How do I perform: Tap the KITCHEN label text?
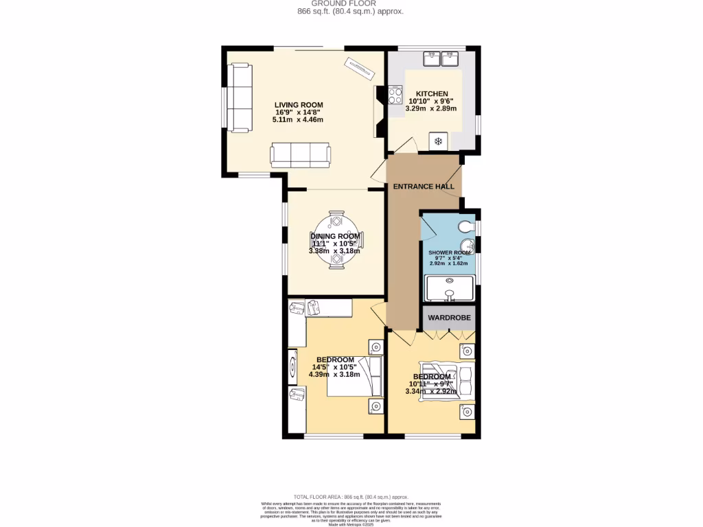(432, 94)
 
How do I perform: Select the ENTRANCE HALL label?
(424, 187)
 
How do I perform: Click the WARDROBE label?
(449, 318)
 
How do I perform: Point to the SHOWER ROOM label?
(449, 253)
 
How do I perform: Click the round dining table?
(336, 239)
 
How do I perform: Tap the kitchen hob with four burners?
(396, 94)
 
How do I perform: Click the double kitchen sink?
(441, 58)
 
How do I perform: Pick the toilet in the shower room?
(467, 226)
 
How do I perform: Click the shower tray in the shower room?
(449, 288)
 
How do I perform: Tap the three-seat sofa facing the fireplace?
(300, 154)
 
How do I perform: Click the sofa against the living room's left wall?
(239, 97)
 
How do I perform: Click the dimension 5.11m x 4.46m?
(297, 119)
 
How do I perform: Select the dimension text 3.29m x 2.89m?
(432, 108)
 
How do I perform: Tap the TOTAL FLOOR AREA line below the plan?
(351, 497)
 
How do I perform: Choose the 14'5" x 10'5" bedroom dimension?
(335, 367)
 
